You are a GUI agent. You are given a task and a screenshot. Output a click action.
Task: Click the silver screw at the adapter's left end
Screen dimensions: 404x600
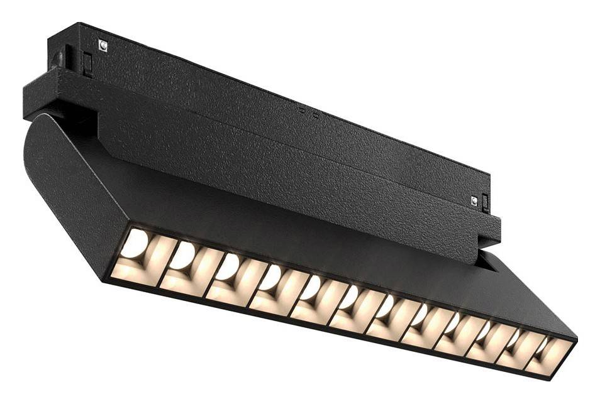click(x=103, y=45)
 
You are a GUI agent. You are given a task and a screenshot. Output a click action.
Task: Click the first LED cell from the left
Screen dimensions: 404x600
click(x=135, y=254)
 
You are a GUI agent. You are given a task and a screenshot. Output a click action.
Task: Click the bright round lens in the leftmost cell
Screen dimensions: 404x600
click(x=134, y=244)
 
